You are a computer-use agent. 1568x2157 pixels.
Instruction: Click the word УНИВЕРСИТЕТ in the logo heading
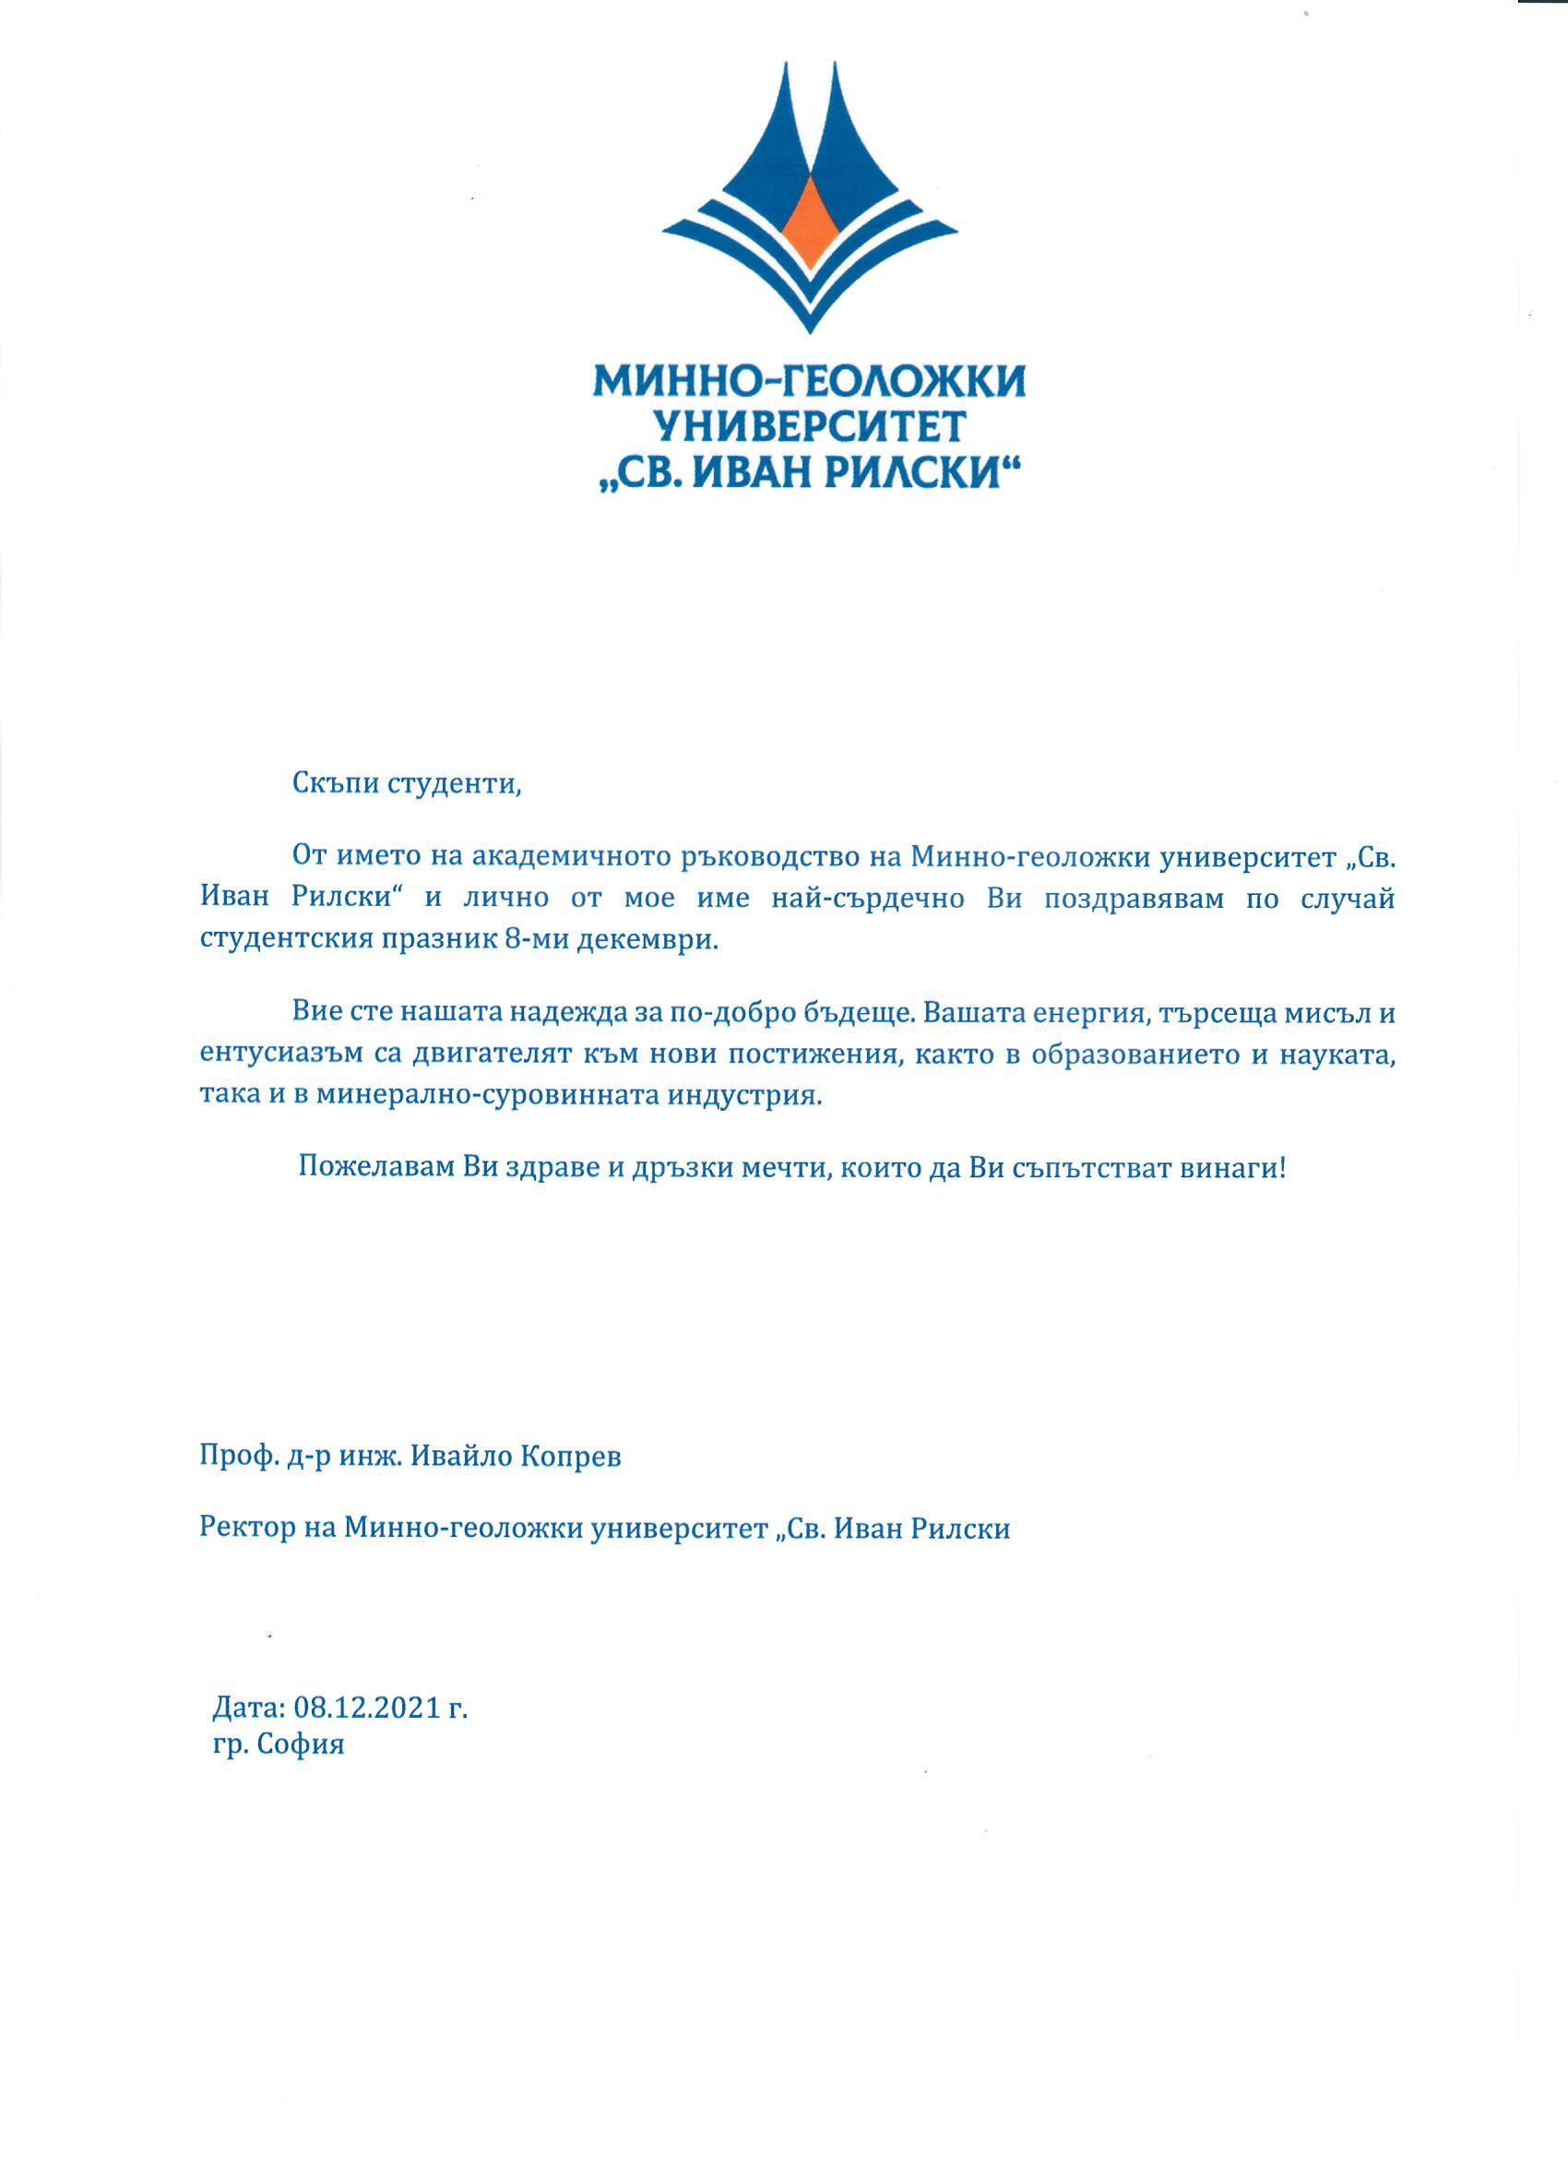click(x=810, y=426)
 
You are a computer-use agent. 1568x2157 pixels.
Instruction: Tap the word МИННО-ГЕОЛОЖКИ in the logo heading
click(x=810, y=382)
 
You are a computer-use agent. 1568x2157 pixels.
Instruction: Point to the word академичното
click(x=572, y=856)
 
